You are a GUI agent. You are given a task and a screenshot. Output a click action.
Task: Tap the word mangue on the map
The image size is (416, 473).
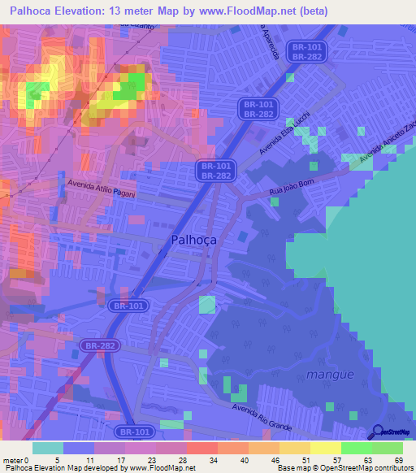[x=331, y=375]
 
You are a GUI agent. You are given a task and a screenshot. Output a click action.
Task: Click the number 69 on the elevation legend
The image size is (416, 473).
[x=398, y=459]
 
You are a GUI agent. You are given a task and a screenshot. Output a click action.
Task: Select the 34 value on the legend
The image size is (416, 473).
[x=191, y=459]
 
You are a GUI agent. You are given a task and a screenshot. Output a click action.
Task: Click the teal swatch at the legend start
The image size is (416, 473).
[x=47, y=448]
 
